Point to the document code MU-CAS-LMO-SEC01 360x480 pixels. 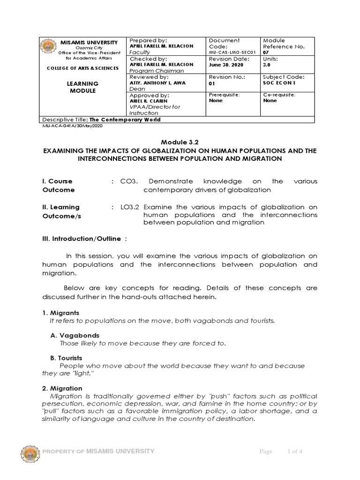233,52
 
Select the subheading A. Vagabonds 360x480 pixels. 75,335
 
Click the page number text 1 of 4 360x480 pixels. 295,451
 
